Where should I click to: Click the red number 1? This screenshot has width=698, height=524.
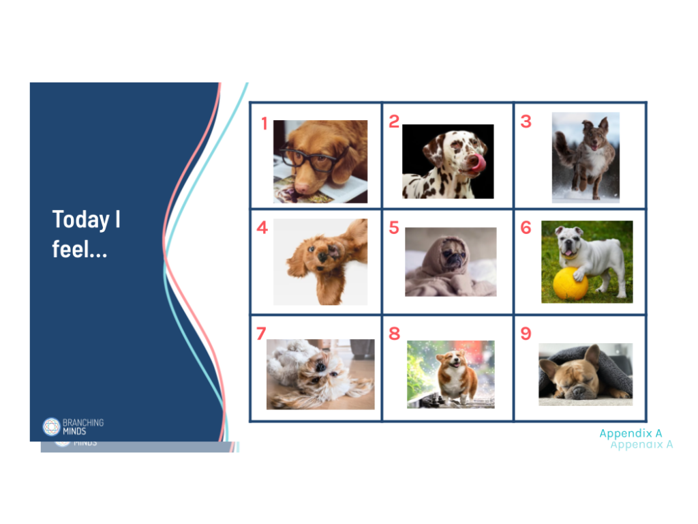click(264, 124)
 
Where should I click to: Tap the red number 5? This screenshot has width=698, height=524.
click(394, 228)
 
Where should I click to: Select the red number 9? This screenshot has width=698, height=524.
click(526, 334)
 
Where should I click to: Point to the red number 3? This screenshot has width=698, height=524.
click(526, 121)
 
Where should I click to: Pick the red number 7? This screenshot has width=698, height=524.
click(261, 334)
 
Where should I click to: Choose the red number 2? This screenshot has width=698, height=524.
click(394, 121)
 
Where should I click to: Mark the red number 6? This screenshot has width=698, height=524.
click(526, 228)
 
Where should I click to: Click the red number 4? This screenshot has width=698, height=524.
click(262, 228)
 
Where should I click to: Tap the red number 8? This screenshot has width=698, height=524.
click(394, 334)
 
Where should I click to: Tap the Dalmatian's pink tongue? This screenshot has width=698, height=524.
click(480, 162)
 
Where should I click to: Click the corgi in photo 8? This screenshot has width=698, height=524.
click(452, 375)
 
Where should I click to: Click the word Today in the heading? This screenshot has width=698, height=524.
click(80, 220)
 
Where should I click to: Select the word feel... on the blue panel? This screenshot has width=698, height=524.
click(80, 249)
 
